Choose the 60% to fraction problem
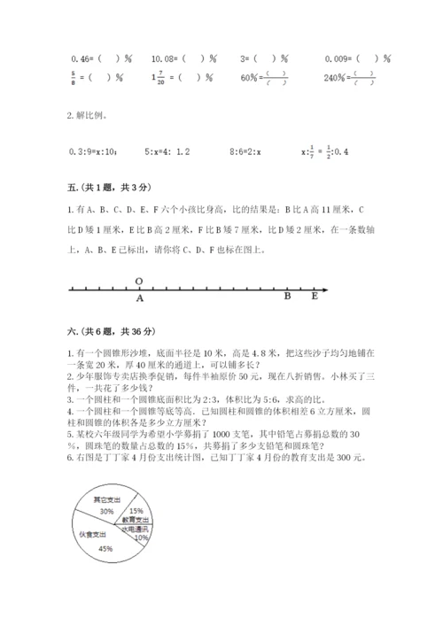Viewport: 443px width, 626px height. (270, 76)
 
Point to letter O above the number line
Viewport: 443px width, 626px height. (139, 281)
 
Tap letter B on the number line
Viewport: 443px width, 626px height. (287, 298)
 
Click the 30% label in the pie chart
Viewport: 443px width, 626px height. (106, 512)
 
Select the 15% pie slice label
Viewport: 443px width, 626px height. (136, 511)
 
